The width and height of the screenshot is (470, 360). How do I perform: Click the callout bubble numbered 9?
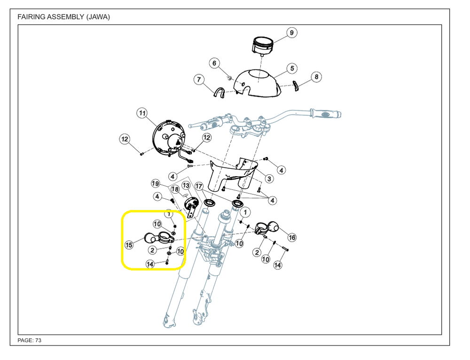(291, 32)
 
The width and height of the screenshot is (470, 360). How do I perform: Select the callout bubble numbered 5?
(292, 68)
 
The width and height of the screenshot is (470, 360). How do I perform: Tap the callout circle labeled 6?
(215, 63)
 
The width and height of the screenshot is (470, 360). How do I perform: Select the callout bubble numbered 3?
(269, 179)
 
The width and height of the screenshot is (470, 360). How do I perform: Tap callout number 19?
(156, 183)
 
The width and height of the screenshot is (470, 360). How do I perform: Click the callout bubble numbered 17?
(199, 186)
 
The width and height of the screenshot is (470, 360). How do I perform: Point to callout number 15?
(129, 244)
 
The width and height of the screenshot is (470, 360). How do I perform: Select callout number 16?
(292, 237)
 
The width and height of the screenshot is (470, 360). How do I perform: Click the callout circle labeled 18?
(175, 189)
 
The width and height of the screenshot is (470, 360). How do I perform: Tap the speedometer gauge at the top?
(264, 45)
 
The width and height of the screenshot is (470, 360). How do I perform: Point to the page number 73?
(38, 340)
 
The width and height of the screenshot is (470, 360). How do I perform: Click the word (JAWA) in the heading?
(98, 17)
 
